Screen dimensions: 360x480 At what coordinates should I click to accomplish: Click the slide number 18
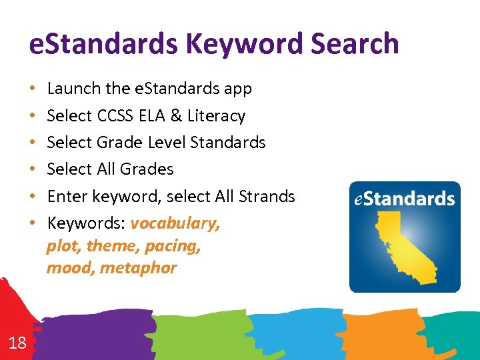17,343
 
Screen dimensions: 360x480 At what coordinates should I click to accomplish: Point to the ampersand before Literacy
176,116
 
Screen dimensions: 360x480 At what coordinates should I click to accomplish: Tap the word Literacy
216,116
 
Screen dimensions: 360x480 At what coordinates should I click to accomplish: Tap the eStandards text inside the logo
404,199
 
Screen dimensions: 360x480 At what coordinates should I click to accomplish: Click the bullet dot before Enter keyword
33,197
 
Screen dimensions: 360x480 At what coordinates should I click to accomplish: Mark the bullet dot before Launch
33,89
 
